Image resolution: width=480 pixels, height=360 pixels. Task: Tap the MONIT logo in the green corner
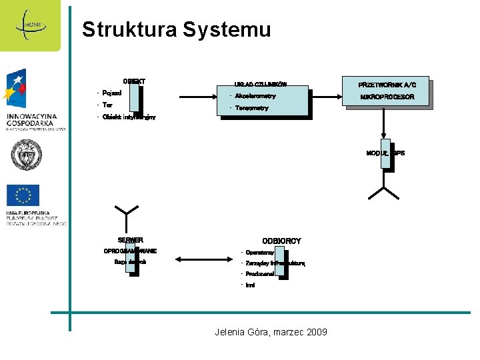(x=30, y=25)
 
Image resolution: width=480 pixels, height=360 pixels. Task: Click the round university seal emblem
(x=26, y=155)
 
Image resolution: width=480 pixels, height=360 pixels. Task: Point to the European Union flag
(x=23, y=195)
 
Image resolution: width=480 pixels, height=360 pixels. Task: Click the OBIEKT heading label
(x=134, y=81)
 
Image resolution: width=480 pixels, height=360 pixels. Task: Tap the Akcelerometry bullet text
(x=255, y=96)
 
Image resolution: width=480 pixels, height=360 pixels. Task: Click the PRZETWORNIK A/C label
(x=387, y=85)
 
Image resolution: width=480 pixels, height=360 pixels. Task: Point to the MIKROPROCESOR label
(x=387, y=97)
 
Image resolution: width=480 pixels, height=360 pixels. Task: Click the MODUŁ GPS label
(x=385, y=153)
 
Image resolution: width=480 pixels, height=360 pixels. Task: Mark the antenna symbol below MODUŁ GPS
(x=384, y=192)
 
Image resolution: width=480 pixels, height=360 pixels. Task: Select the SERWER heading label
(x=130, y=240)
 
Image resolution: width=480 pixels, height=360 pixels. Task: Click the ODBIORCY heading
(x=281, y=241)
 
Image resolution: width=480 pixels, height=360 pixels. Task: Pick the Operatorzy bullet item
(x=259, y=253)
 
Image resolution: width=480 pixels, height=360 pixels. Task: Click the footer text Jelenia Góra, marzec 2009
(x=271, y=331)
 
